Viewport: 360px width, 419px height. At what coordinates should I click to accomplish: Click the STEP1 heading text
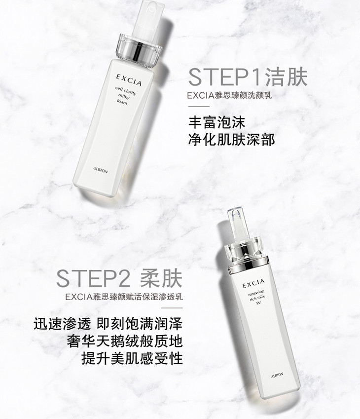[248, 77]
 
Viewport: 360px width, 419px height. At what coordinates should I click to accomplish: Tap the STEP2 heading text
[119, 278]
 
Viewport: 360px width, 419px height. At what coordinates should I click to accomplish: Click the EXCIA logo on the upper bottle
[129, 80]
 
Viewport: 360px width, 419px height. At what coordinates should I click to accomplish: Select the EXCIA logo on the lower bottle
[253, 283]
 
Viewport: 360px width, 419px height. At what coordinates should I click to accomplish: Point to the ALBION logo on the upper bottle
[101, 170]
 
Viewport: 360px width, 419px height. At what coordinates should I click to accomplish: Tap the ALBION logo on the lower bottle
[277, 375]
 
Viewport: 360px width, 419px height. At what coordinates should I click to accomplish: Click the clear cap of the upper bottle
[147, 19]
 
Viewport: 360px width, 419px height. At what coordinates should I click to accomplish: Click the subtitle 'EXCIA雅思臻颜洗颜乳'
[229, 95]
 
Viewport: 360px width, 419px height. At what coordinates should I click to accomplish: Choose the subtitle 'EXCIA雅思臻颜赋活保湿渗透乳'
[124, 297]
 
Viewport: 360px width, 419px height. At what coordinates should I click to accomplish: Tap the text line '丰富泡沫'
[216, 123]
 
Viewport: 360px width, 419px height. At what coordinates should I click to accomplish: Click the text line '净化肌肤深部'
[232, 140]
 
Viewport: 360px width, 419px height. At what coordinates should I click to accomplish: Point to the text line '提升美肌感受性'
[132, 358]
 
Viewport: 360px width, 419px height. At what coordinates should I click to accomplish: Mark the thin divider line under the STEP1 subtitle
[199, 106]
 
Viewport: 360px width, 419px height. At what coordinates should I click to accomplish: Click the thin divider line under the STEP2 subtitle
[172, 308]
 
